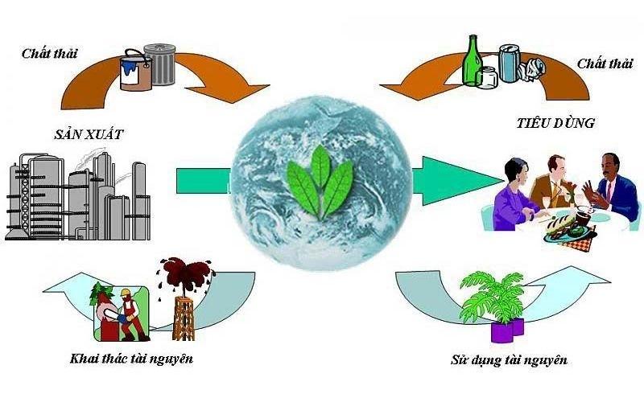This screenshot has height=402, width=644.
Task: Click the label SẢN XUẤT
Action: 89,134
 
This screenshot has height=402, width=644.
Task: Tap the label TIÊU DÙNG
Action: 555,123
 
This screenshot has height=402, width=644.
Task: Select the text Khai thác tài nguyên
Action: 131,358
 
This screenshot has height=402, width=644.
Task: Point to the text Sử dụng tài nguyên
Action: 509,359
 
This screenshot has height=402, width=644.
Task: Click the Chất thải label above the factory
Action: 49,53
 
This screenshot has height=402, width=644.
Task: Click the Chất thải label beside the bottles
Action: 605,64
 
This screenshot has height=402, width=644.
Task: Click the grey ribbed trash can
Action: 159,64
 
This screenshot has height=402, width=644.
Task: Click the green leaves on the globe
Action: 320,183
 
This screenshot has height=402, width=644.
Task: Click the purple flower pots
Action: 508,329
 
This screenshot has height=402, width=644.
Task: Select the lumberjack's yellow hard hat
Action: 125,293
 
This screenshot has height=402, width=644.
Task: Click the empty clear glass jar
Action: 487,78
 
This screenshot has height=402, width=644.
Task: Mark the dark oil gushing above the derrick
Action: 186,273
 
